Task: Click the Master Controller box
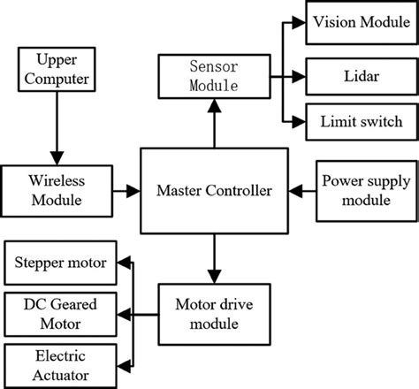(214, 189)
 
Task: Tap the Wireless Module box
(57, 189)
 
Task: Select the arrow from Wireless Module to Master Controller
(125, 189)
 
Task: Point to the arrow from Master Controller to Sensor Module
(213, 123)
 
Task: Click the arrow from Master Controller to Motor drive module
(213, 257)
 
